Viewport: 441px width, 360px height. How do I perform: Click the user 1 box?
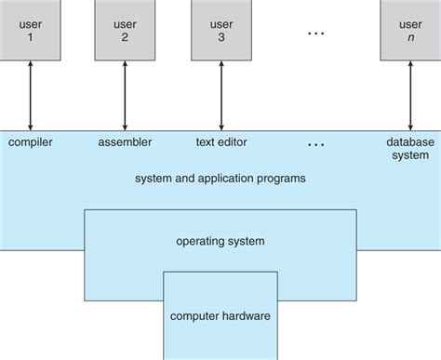pyautogui.click(x=31, y=30)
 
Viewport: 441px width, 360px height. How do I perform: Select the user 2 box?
pyautogui.click(x=125, y=30)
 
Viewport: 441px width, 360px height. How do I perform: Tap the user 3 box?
pyautogui.click(x=220, y=30)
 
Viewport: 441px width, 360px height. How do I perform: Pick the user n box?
pyautogui.click(x=408, y=30)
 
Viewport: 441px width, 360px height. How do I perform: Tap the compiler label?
pyautogui.click(x=31, y=142)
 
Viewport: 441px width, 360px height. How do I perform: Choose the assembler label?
pyautogui.click(x=125, y=142)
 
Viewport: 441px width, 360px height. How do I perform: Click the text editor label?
pyautogui.click(x=220, y=142)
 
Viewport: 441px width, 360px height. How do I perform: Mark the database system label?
pyautogui.click(x=408, y=149)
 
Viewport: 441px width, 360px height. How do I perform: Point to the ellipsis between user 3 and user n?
pyautogui.click(x=315, y=33)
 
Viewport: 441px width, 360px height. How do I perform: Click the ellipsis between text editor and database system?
pyautogui.click(x=315, y=144)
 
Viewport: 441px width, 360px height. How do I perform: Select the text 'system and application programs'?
pyautogui.click(x=220, y=178)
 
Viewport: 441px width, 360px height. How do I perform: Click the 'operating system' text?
pyautogui.click(x=220, y=241)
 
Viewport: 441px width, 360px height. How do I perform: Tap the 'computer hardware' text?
pyautogui.click(x=220, y=315)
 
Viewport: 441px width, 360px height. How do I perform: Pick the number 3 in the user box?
pyautogui.click(x=220, y=40)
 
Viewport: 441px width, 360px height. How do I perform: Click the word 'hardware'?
pyautogui.click(x=246, y=315)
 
